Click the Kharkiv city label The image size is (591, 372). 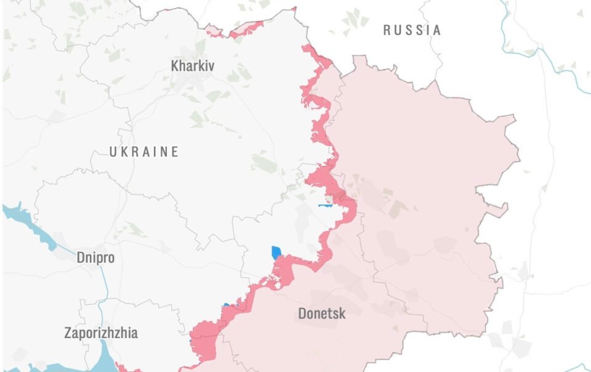pos(193,65)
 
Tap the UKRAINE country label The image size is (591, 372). pos(144,152)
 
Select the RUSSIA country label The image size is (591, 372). pos(412,30)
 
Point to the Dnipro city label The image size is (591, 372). pos(95,257)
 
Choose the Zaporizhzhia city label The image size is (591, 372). pos(101,333)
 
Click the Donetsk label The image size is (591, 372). pos(321,313)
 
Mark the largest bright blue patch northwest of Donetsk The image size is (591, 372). pos(276,253)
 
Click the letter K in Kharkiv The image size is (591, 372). pos(175,65)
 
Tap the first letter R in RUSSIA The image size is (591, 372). pos(387,30)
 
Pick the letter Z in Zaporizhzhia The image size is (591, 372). pos(68,333)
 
